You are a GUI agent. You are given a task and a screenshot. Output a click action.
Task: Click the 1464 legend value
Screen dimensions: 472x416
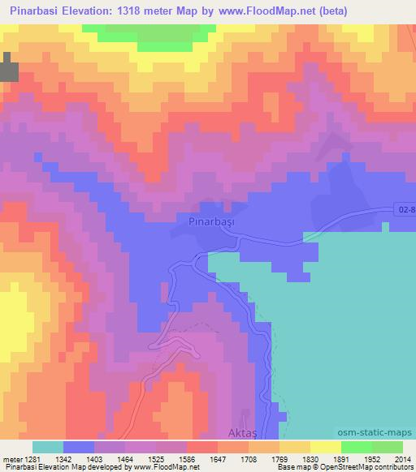click(139, 459)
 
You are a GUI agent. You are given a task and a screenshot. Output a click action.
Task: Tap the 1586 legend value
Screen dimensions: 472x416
click(203, 459)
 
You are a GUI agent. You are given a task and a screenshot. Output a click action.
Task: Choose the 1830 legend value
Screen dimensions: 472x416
click(327, 459)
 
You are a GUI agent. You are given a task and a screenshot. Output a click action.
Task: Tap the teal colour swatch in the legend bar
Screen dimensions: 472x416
click(48, 447)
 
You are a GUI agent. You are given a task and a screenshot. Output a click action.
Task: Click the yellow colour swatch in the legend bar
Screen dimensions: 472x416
click(325, 447)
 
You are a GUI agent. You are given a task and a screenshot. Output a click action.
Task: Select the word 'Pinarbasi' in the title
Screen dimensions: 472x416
click(37, 11)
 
